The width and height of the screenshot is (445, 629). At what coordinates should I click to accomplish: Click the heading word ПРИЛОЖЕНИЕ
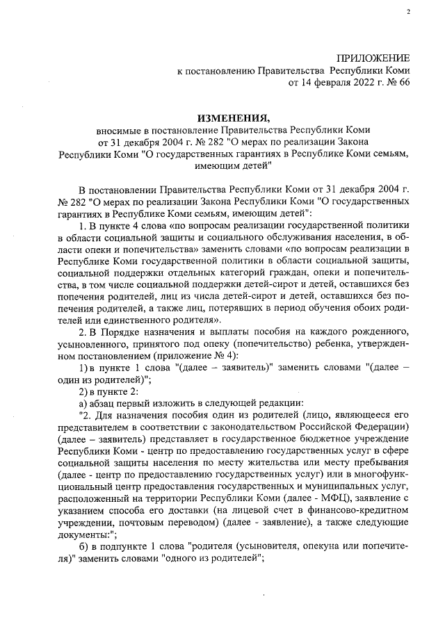click(373, 58)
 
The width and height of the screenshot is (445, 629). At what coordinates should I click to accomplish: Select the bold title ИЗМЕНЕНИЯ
click(233, 117)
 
